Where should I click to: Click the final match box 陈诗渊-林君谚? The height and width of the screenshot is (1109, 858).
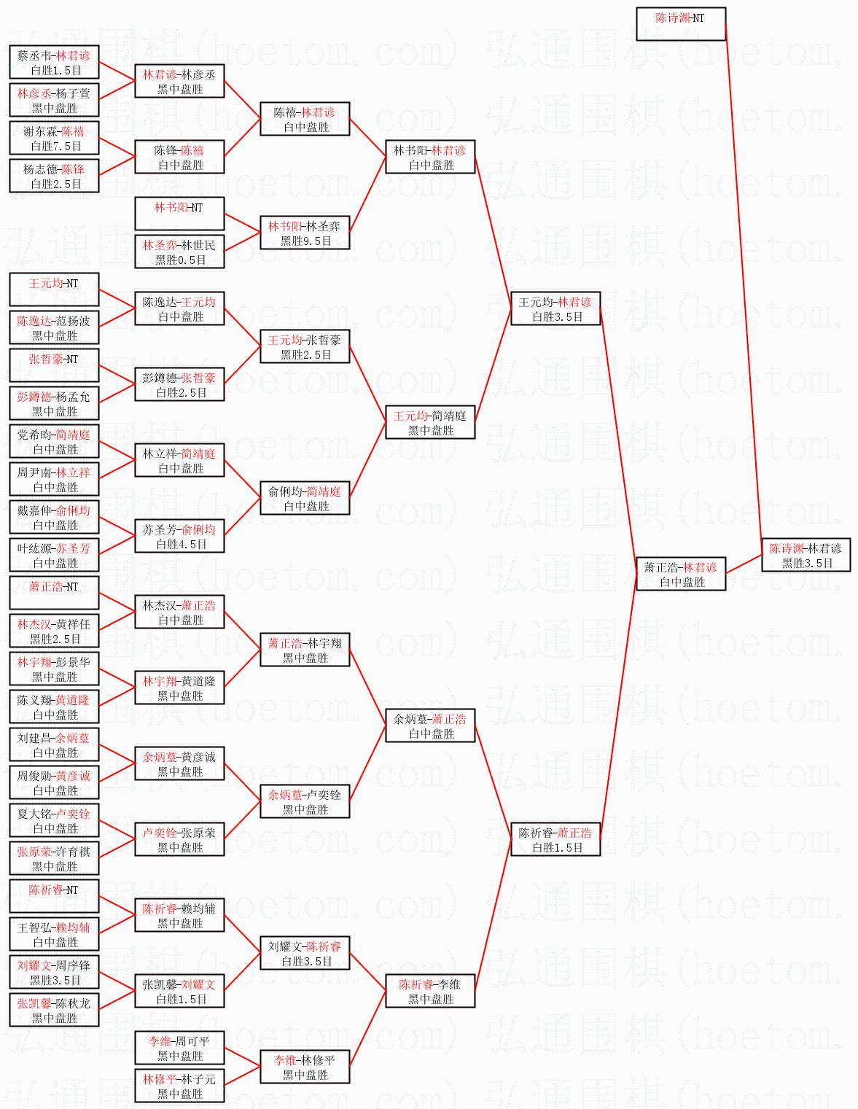coord(806,555)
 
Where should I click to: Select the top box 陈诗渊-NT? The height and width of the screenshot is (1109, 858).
coord(680,24)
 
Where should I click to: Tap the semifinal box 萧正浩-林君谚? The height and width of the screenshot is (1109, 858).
coord(680,574)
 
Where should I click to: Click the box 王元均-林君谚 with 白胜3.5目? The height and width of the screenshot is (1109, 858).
coord(555,308)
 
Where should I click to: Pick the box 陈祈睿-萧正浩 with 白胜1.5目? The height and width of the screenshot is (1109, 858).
coord(555,839)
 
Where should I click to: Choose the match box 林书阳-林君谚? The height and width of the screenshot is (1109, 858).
coord(430,157)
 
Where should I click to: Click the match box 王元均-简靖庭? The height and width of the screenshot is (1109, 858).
coord(430,422)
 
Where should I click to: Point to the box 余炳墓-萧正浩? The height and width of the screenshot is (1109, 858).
coord(430,725)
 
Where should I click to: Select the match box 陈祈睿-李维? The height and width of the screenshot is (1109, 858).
coord(430,991)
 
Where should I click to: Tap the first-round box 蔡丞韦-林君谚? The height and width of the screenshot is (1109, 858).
coord(54,62)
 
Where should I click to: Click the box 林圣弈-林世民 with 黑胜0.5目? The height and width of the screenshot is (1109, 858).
coord(179,252)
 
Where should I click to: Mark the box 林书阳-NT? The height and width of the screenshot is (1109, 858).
coord(179,214)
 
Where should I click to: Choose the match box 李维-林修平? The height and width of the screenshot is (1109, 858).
coord(305,1067)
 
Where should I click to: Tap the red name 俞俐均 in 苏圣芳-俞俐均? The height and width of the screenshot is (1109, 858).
coord(198,530)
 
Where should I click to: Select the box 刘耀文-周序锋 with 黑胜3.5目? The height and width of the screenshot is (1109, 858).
coord(54,972)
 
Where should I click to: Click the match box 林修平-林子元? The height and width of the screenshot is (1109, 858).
coord(179,1086)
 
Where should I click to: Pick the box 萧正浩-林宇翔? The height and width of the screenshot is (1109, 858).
coord(305,650)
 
